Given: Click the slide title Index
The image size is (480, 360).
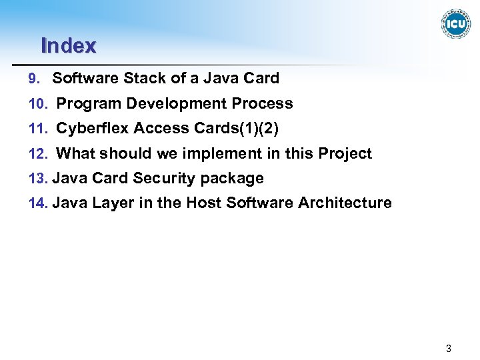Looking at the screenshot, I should tap(69, 46).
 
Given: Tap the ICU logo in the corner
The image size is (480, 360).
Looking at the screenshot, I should tap(455, 24).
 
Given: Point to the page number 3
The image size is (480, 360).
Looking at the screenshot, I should tap(449, 348).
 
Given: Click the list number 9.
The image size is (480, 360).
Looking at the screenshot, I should tap(35, 79).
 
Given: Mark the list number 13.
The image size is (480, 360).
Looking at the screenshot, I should tap(37, 179).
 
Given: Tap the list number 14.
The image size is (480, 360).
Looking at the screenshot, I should tap(37, 203).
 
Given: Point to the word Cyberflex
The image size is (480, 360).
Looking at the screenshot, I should tap(92, 129).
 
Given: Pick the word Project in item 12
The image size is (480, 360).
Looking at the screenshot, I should tap(345, 154).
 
